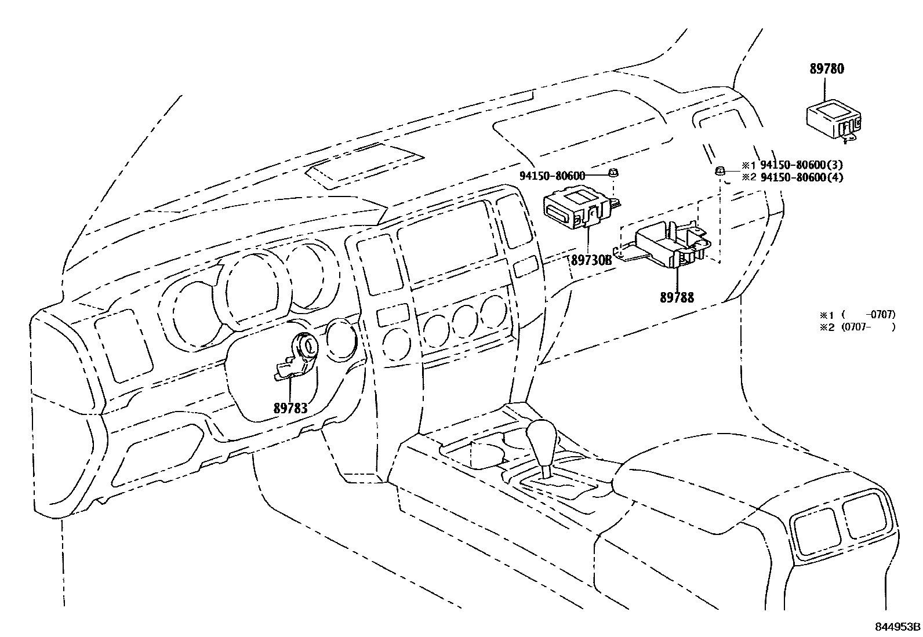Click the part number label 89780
click(827, 69)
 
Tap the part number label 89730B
click(591, 261)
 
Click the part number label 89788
click(677, 298)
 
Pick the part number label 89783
click(290, 409)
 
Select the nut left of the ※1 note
click(719, 170)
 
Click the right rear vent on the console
click(866, 516)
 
